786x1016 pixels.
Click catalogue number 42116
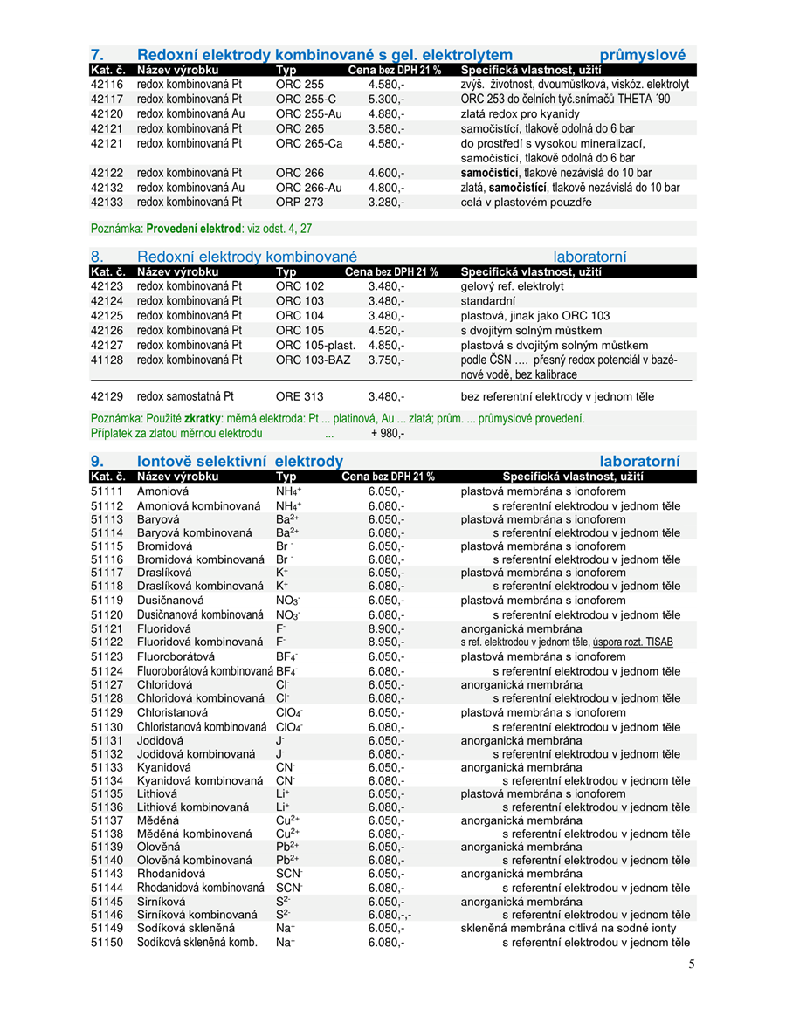pyautogui.click(x=107, y=85)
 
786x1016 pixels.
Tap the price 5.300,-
pyautogui.click(x=386, y=100)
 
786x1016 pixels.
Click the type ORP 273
pyautogui.click(x=300, y=203)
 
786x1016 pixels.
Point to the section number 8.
pyautogui.click(x=97, y=257)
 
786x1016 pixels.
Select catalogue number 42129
pyautogui.click(x=107, y=396)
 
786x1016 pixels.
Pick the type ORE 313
pyautogui.click(x=300, y=396)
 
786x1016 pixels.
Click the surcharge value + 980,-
pyautogui.click(x=387, y=433)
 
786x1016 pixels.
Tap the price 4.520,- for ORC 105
pyautogui.click(x=386, y=331)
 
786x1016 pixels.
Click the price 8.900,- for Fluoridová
pyautogui.click(x=386, y=628)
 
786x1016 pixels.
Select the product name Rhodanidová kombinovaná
pyautogui.click(x=200, y=888)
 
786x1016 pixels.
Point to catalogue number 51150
pyautogui.click(x=107, y=943)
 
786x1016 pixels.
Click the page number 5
pyautogui.click(x=691, y=964)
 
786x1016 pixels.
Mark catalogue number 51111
pyautogui.click(x=107, y=491)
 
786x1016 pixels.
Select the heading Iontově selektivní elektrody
pyautogui.click(x=239, y=461)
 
